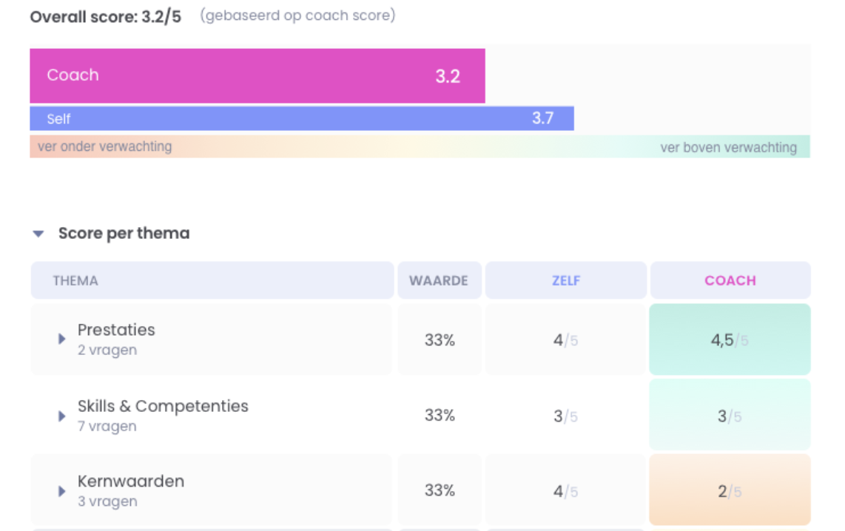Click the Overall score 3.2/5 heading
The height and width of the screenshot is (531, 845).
[105, 16]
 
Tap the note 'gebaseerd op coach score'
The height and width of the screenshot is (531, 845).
[297, 16]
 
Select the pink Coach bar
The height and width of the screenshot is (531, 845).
[257, 75]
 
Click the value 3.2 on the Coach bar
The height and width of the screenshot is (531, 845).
[447, 76]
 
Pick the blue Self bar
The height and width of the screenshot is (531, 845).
[301, 118]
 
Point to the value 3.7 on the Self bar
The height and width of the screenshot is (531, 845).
[542, 118]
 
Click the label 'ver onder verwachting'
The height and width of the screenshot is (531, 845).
[104, 146]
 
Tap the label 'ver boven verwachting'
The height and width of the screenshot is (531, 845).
[728, 147]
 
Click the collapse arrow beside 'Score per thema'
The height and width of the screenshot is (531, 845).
[38, 234]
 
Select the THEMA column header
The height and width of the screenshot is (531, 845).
[75, 281]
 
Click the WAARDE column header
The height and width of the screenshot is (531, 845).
[439, 281]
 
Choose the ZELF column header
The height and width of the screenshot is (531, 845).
[566, 281]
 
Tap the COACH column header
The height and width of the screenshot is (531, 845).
[730, 281]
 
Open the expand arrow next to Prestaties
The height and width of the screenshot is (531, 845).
[62, 339]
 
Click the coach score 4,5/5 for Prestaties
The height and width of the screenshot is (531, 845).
[729, 340]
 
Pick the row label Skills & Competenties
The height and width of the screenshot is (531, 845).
[163, 406]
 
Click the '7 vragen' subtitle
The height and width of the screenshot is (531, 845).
[107, 427]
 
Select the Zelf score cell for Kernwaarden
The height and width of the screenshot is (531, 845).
[565, 491]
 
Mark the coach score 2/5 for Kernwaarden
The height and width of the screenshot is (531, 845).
[729, 491]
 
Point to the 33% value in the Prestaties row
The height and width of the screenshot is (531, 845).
[440, 340]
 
